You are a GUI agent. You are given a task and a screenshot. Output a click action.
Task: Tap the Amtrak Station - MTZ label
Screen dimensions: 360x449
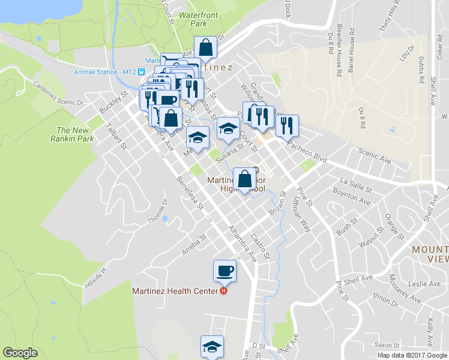[x=105, y=71]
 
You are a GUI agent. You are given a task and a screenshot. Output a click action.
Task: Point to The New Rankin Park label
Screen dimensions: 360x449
[x=76, y=134]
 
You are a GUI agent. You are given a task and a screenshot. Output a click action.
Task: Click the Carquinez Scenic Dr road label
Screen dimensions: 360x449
[x=58, y=94]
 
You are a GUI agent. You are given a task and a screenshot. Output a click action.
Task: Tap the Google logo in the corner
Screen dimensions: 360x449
[x=20, y=352]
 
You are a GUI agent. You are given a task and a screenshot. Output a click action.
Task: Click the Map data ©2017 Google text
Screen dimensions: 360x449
[x=412, y=355]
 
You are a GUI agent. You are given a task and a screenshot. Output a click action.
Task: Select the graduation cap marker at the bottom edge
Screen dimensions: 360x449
[x=211, y=347]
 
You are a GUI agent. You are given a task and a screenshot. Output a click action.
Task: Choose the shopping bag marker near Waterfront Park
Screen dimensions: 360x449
[x=205, y=47]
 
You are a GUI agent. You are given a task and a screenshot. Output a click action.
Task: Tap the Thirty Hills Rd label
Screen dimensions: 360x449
[x=389, y=17]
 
